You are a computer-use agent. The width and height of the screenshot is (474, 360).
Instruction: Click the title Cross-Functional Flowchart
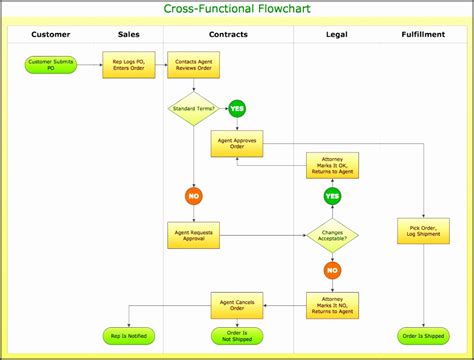point(236,11)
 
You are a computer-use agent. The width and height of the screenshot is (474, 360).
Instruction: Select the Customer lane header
point(51,35)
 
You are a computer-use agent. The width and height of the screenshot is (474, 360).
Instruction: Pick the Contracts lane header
point(228,35)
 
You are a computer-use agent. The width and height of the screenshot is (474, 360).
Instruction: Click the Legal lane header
point(337,35)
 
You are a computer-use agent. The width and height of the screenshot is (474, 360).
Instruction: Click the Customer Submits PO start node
point(51,66)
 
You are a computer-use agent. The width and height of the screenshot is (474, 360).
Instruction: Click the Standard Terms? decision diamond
point(193,108)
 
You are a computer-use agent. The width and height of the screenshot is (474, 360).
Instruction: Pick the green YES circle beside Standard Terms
point(237,108)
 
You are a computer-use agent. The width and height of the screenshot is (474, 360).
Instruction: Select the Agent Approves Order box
point(236,144)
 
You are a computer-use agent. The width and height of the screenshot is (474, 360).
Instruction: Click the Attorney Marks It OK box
point(332,165)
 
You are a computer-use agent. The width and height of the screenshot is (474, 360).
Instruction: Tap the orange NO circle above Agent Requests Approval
point(193,196)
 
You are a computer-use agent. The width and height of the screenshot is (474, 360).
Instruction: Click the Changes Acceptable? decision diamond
point(332,234)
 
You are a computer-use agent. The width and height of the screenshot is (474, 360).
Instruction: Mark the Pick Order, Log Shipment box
point(423,231)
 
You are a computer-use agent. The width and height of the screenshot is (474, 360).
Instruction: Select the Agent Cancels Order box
point(236,304)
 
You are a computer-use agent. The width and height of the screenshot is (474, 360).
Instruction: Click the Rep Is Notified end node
point(128,336)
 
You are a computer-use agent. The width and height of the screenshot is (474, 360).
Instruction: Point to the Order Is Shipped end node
point(423,336)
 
